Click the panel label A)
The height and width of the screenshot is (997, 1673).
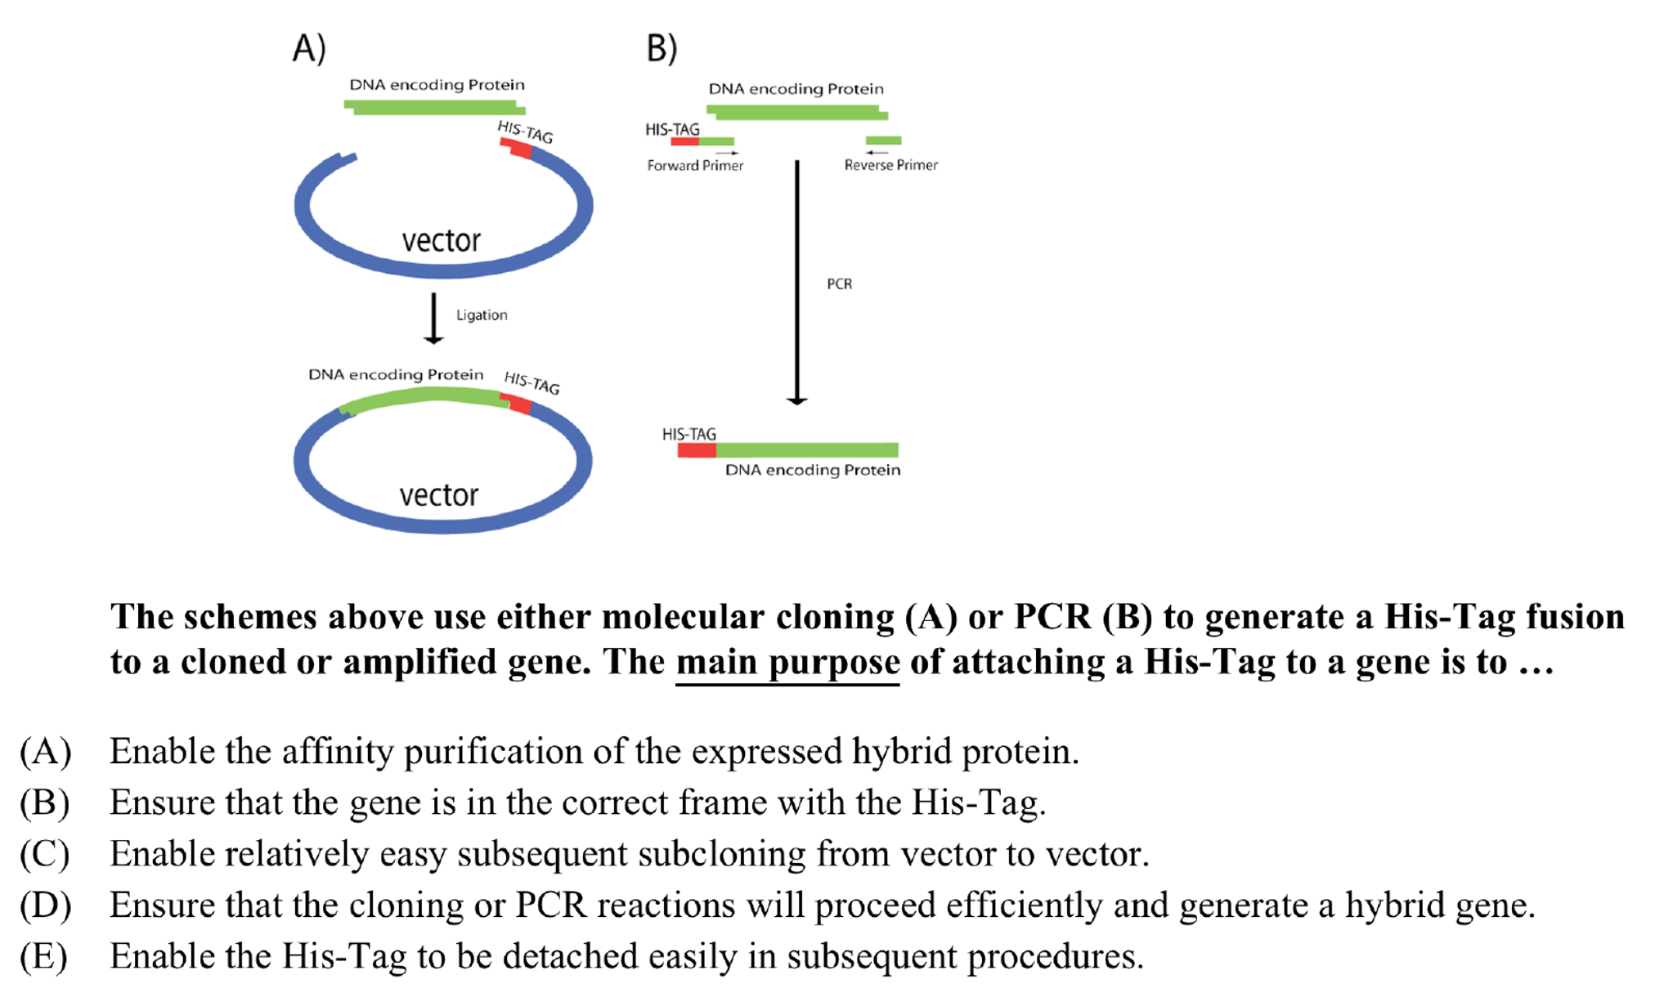click(x=309, y=48)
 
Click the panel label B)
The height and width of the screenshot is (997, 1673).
click(x=661, y=48)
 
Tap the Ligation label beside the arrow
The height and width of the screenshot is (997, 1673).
click(x=482, y=315)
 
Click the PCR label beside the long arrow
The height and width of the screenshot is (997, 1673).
click(x=839, y=284)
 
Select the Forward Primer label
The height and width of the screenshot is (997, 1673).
click(x=695, y=165)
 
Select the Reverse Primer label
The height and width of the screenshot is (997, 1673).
click(x=890, y=165)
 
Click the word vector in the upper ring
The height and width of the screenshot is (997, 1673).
click(x=441, y=241)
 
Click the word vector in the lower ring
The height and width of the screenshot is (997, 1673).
click(x=438, y=495)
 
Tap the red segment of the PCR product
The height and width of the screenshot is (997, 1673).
click(x=697, y=450)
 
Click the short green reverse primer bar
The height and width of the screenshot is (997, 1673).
click(x=883, y=141)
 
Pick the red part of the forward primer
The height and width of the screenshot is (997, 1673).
click(x=684, y=141)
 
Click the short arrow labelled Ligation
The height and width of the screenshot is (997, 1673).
click(x=433, y=319)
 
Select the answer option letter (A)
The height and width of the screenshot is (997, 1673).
click(x=46, y=751)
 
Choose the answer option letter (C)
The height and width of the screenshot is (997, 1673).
click(x=45, y=854)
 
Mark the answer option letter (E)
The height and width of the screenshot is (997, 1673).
click(x=44, y=956)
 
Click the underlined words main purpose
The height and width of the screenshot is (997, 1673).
click(x=787, y=662)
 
